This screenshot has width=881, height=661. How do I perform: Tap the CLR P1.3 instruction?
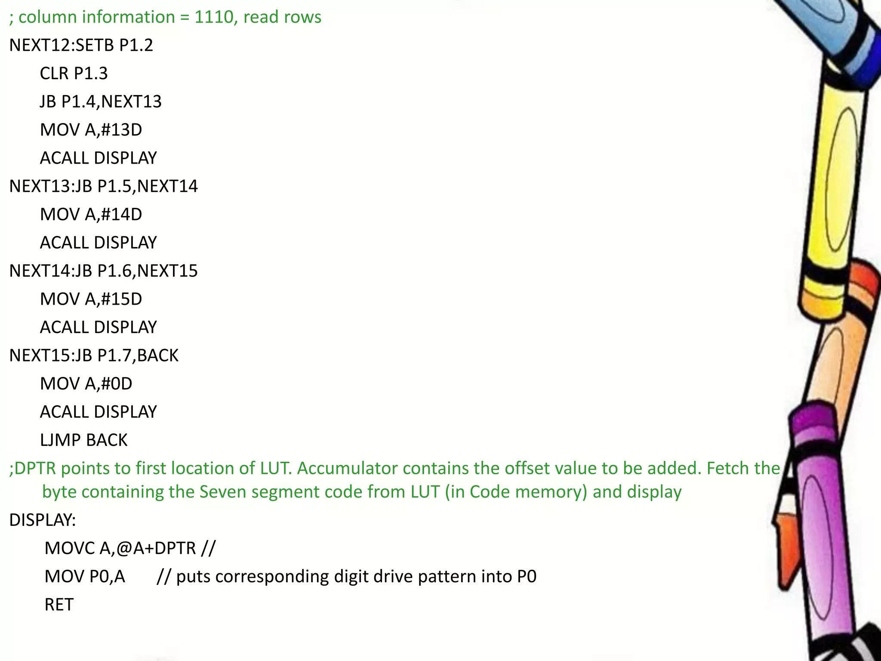[x=74, y=74]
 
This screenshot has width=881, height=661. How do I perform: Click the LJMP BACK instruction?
[x=83, y=440]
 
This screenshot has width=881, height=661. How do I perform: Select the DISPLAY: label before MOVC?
[x=43, y=520]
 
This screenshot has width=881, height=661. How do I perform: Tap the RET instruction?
[x=59, y=605]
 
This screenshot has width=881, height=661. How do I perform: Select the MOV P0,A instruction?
[x=85, y=577]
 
